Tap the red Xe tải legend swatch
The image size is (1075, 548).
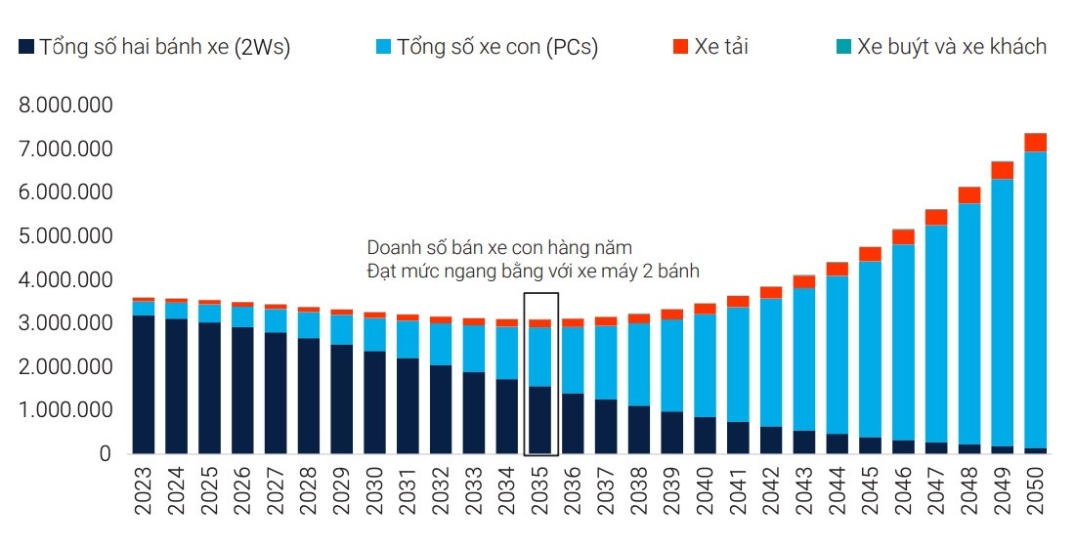click(681, 46)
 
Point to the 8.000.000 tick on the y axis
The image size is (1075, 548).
click(65, 105)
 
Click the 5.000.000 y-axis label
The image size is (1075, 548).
click(65, 236)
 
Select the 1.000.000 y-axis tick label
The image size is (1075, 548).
click(65, 410)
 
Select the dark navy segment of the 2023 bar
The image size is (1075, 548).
click(144, 385)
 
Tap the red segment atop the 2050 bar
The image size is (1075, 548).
click(1036, 143)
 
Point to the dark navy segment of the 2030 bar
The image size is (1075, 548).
click(375, 402)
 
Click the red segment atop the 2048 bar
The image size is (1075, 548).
click(969, 195)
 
